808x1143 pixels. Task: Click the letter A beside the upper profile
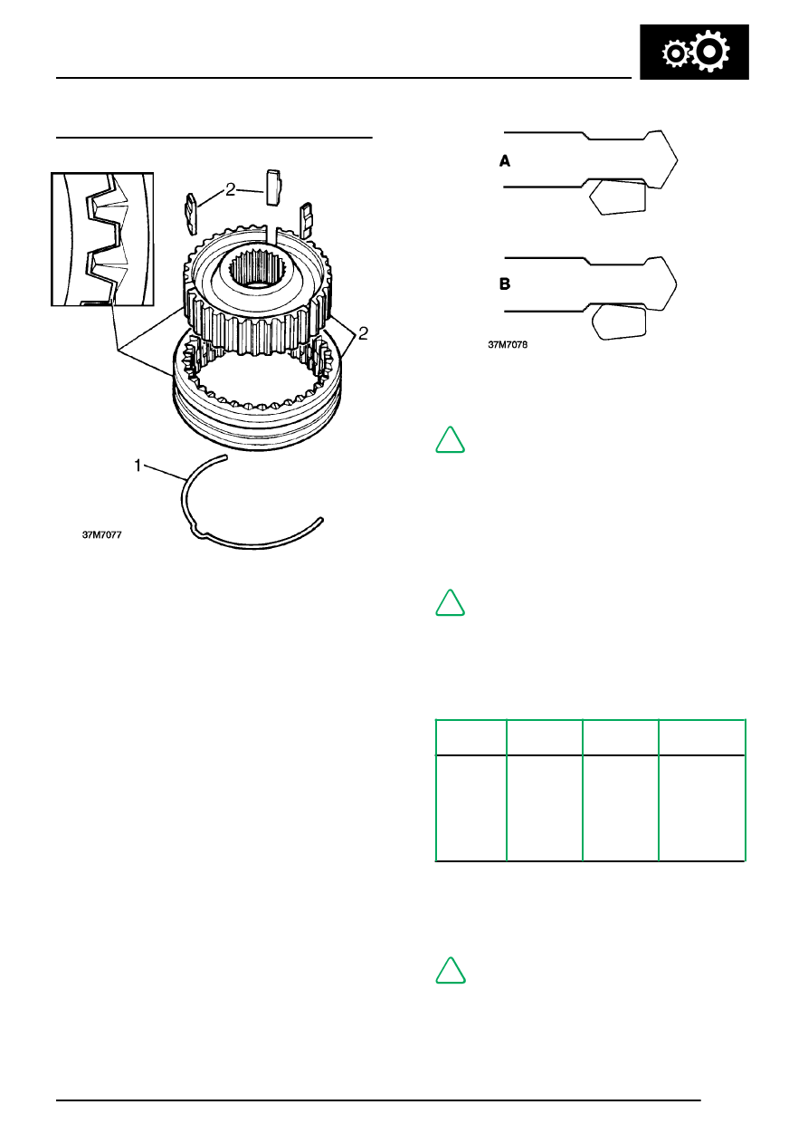pyautogui.click(x=506, y=160)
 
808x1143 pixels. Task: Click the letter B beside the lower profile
pyautogui.click(x=506, y=283)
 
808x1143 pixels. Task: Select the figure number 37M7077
pyautogui.click(x=102, y=535)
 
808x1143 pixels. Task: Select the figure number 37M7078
pyautogui.click(x=508, y=345)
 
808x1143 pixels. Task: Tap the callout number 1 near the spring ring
pyautogui.click(x=138, y=465)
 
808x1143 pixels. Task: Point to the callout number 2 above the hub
pyautogui.click(x=232, y=189)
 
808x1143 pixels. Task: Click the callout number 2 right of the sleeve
pyautogui.click(x=362, y=333)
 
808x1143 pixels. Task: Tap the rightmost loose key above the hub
pyautogui.click(x=306, y=216)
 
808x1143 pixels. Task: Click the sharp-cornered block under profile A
pyautogui.click(x=617, y=196)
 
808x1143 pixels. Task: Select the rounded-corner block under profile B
pyautogui.click(x=618, y=322)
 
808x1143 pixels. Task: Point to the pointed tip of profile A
pyautogui.click(x=677, y=159)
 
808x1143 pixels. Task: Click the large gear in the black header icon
pyautogui.click(x=708, y=54)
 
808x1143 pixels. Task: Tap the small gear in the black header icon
pyautogui.click(x=675, y=56)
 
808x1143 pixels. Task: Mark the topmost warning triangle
pyautogui.click(x=451, y=441)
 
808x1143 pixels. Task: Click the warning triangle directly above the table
pyautogui.click(x=451, y=603)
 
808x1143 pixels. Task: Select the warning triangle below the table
pyautogui.click(x=451, y=970)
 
